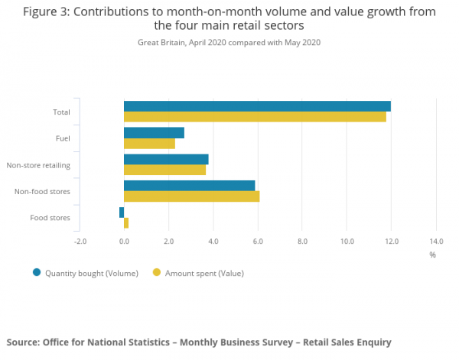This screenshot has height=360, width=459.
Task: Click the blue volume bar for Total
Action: point(257,106)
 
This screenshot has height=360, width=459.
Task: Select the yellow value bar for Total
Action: point(255,117)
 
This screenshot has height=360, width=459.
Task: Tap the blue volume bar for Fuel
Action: point(154,133)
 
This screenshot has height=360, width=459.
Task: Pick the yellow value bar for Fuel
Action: point(149,144)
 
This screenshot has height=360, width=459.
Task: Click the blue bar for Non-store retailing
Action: point(166,159)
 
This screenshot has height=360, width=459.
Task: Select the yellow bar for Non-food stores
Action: point(191,196)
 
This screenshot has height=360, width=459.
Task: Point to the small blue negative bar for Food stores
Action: point(122,212)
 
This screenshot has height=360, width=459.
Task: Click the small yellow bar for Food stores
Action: point(126,223)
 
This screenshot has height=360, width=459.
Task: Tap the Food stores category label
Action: point(50,218)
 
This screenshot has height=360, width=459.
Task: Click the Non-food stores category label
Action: point(43,191)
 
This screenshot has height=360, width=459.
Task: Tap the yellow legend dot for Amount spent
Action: point(158,272)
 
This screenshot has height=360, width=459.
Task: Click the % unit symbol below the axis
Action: point(432,255)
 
